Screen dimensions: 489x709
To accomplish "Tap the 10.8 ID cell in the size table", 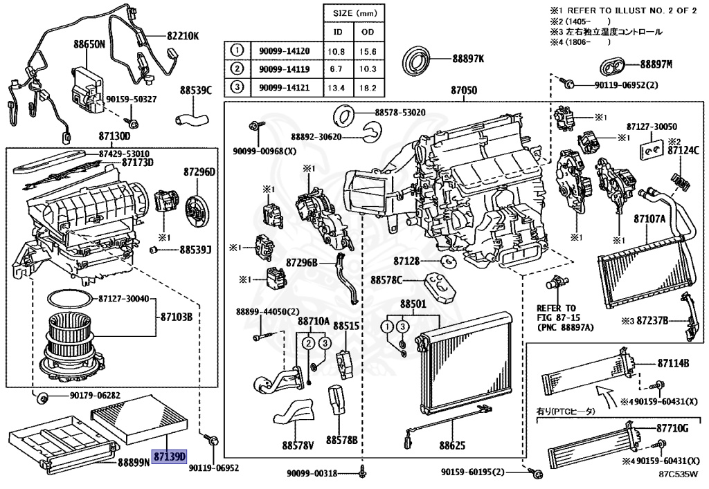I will coord(336,50).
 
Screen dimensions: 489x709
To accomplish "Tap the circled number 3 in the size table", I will coord(237,87).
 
